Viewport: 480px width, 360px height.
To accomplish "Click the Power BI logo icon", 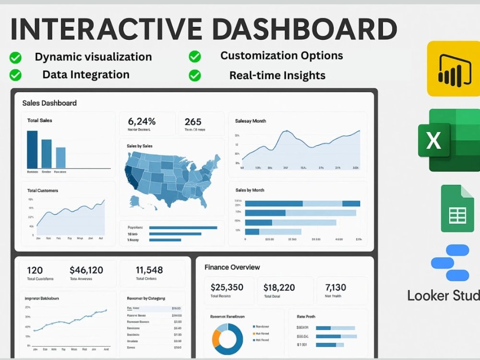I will (453, 69).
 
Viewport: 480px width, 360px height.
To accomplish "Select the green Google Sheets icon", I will (457, 208).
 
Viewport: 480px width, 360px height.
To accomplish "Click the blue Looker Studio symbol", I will (450, 263).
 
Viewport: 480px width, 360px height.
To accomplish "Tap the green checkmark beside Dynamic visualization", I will (15, 58).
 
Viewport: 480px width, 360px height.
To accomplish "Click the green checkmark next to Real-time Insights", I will (194, 75).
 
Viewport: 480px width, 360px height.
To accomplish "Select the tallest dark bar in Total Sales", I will (32, 149).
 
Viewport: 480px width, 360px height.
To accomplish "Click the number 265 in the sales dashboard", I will (193, 121).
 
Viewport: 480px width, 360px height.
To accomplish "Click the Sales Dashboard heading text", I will (49, 103).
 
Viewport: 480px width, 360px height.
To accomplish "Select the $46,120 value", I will (86, 270).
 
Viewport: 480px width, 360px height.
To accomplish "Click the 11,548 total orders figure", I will (149, 270).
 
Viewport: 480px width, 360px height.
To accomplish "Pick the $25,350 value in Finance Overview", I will (227, 287).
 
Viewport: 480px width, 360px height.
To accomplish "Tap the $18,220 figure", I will (279, 287).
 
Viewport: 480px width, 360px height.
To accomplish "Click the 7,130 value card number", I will (336, 287).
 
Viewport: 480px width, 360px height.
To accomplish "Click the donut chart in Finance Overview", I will (227, 336).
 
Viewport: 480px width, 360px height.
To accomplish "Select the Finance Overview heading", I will (232, 267).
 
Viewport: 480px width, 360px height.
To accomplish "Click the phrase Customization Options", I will (281, 55).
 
